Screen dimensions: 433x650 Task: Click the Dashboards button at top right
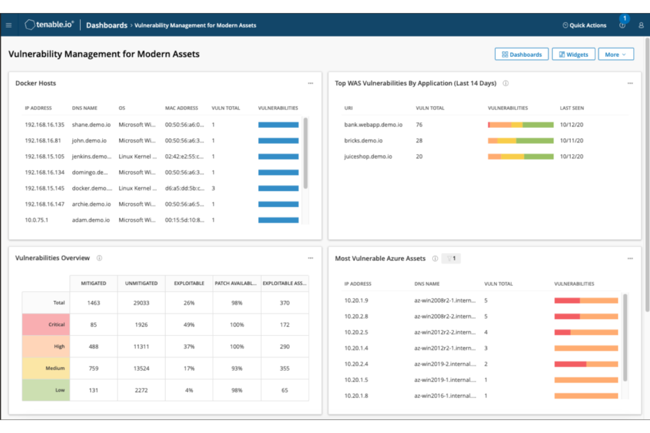pos(521,54)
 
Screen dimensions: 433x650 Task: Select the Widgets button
pos(573,54)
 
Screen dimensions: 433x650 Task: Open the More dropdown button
pos(615,54)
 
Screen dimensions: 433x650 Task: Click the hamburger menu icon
pos(9,25)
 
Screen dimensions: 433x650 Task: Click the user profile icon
pos(641,25)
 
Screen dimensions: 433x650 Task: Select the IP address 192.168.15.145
pos(44,188)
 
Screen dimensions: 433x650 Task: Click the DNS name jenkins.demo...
pos(91,157)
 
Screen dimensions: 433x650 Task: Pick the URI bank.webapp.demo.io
pos(373,125)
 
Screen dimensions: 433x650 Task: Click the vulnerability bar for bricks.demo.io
pos(520,141)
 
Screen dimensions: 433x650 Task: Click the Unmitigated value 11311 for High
pos(141,347)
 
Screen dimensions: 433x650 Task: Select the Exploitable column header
pos(189,283)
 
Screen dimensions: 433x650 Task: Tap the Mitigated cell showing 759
pos(94,369)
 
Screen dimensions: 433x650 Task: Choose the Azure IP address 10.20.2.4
pos(356,364)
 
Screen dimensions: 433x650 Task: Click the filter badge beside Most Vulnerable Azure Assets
pos(451,258)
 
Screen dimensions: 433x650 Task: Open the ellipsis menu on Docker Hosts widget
pos(311,83)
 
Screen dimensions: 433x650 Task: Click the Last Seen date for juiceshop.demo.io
pos(571,157)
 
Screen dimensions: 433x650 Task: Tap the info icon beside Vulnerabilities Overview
pos(99,258)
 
